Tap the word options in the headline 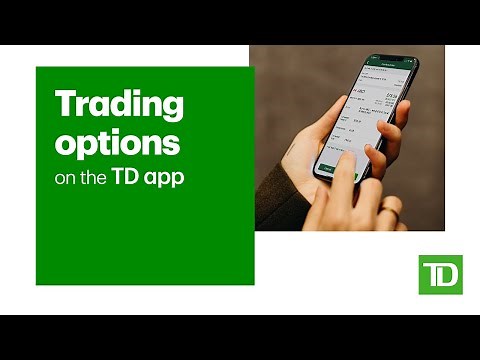(118, 142)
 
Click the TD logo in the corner (440, 274)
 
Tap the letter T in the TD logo (431, 273)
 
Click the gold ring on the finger (389, 207)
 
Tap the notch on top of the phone (393, 59)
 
